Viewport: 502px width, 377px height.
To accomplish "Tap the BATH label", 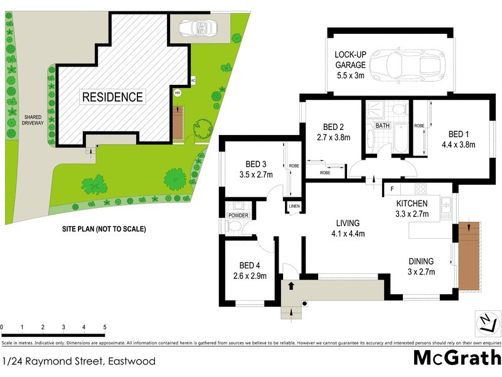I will tap(382, 126).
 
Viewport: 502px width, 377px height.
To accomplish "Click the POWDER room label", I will tap(238, 216).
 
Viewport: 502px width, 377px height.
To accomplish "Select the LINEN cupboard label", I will tap(294, 207).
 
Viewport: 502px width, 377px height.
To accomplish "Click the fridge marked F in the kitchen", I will tap(392, 188).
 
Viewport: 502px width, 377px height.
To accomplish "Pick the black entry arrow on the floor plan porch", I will tap(291, 285).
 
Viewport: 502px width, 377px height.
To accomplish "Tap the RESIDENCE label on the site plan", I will tap(113, 97).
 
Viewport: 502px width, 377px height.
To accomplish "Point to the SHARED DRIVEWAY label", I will tap(33, 121).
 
